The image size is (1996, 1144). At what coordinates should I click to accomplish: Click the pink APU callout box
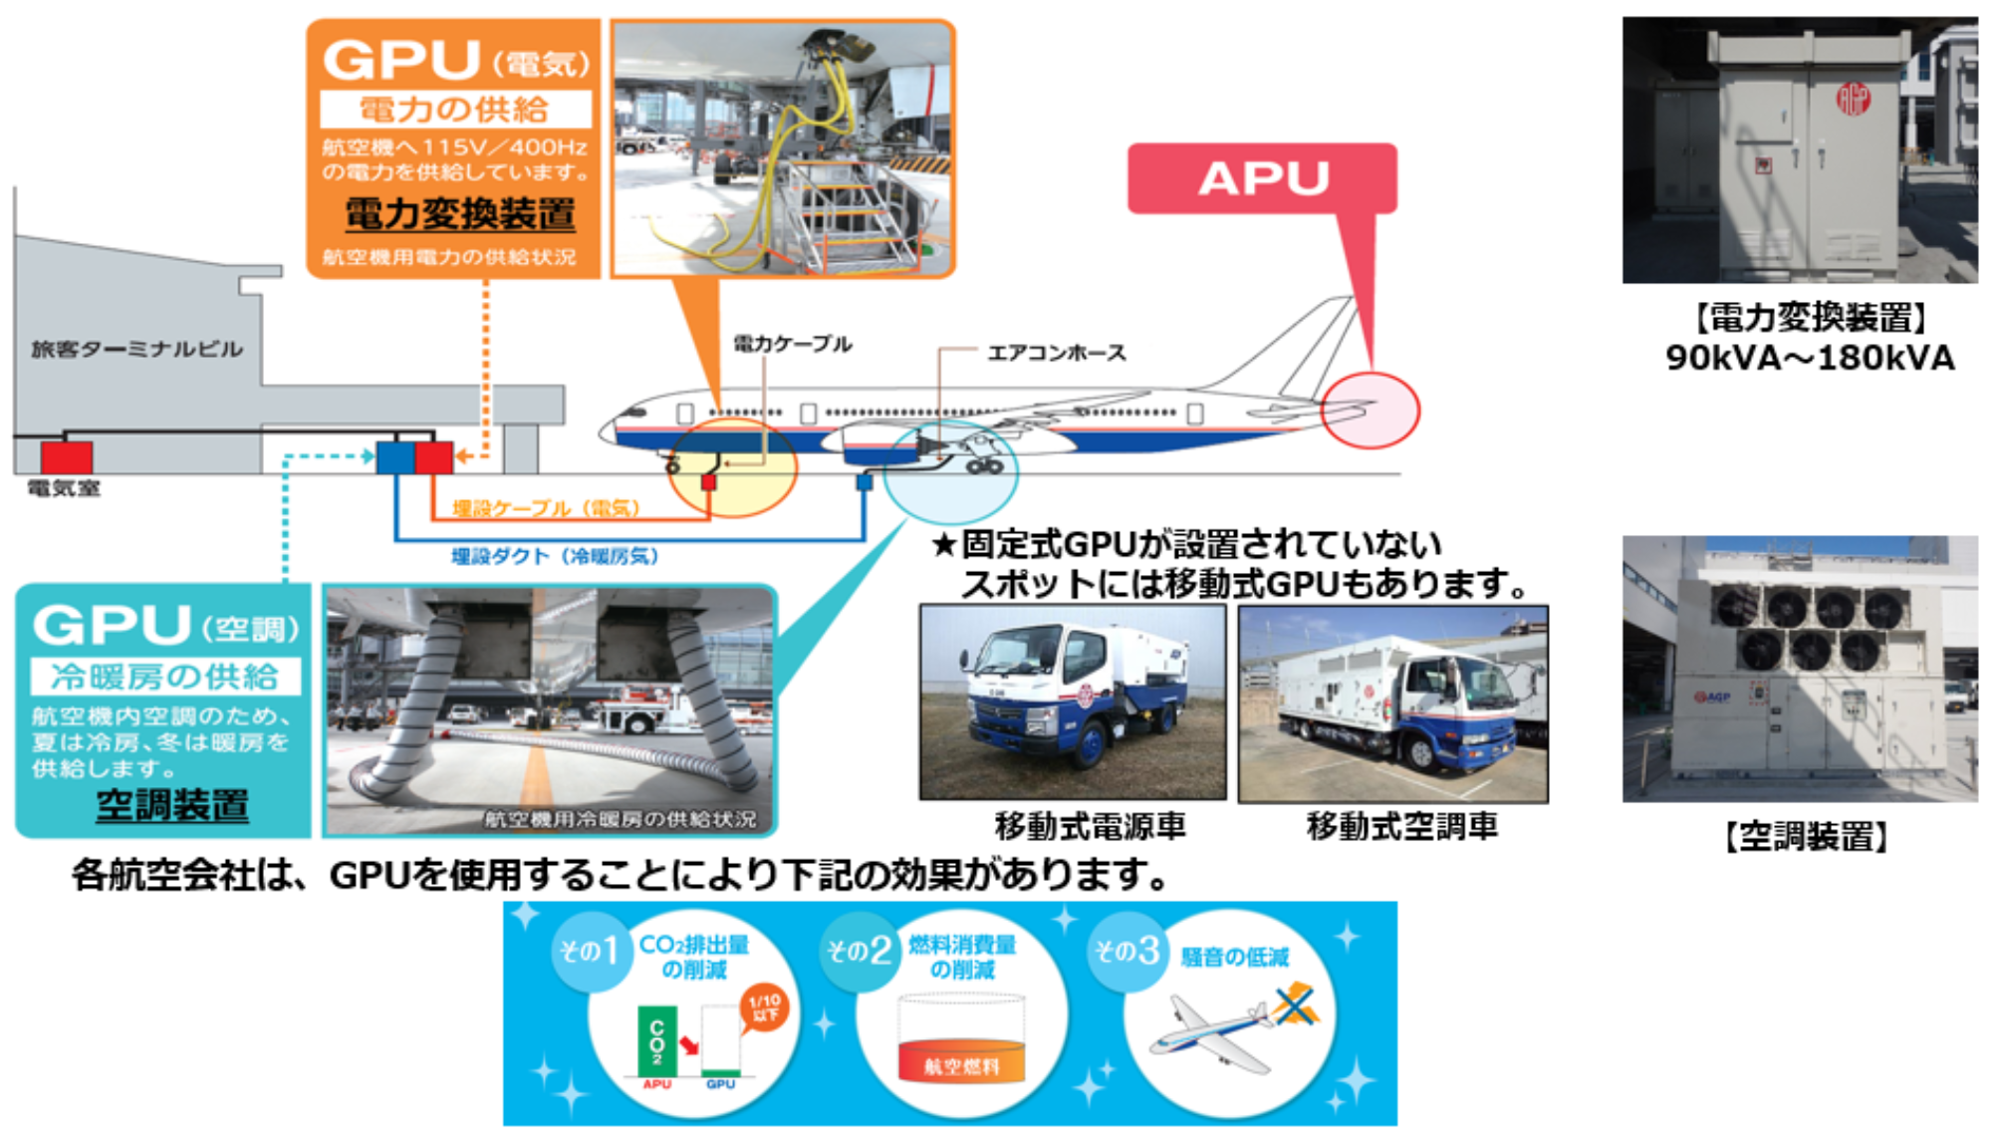point(1262,178)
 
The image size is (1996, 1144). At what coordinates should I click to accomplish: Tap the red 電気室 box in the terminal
point(67,457)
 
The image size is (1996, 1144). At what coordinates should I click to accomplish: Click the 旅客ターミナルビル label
point(136,349)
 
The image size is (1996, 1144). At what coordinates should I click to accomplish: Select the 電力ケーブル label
point(793,344)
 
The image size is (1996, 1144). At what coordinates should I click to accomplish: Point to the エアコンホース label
point(1056,353)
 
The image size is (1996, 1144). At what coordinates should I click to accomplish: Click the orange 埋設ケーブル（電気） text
point(546,508)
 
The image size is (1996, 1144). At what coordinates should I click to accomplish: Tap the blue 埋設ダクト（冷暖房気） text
point(555,556)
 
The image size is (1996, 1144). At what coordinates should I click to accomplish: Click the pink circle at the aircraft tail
point(1371,411)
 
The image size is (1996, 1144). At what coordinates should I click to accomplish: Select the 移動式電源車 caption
point(1090,826)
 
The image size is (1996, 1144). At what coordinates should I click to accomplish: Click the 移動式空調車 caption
point(1401,826)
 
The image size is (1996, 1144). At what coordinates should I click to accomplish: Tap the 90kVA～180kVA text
point(1810,358)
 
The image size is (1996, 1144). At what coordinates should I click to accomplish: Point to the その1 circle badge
point(588,951)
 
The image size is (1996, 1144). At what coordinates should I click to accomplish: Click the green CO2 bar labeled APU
point(656,1040)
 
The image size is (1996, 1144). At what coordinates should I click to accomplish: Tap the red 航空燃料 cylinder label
point(960,1066)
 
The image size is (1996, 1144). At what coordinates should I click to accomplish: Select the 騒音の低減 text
point(1234,957)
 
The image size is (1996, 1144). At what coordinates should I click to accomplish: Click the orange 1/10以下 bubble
point(765,1007)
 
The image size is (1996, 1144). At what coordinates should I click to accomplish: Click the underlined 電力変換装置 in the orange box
point(459,214)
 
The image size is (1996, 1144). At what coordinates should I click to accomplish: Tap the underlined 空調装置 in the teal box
point(172,805)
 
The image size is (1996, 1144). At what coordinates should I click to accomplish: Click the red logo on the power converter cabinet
point(1853,99)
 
